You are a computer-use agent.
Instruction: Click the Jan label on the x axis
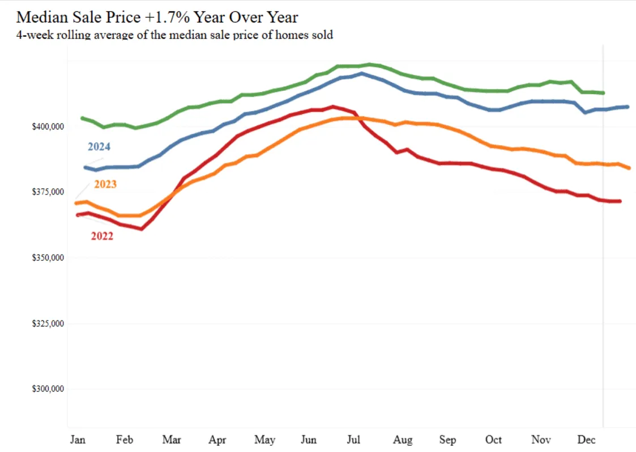coord(77,440)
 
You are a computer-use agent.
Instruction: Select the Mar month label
coord(171,440)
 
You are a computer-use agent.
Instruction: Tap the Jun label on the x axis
coord(309,440)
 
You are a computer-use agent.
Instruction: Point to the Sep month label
coord(447,440)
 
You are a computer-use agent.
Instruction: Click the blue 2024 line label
coord(99,147)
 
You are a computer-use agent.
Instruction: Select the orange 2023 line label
coord(105,184)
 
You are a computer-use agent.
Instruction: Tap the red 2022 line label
coord(102,236)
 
